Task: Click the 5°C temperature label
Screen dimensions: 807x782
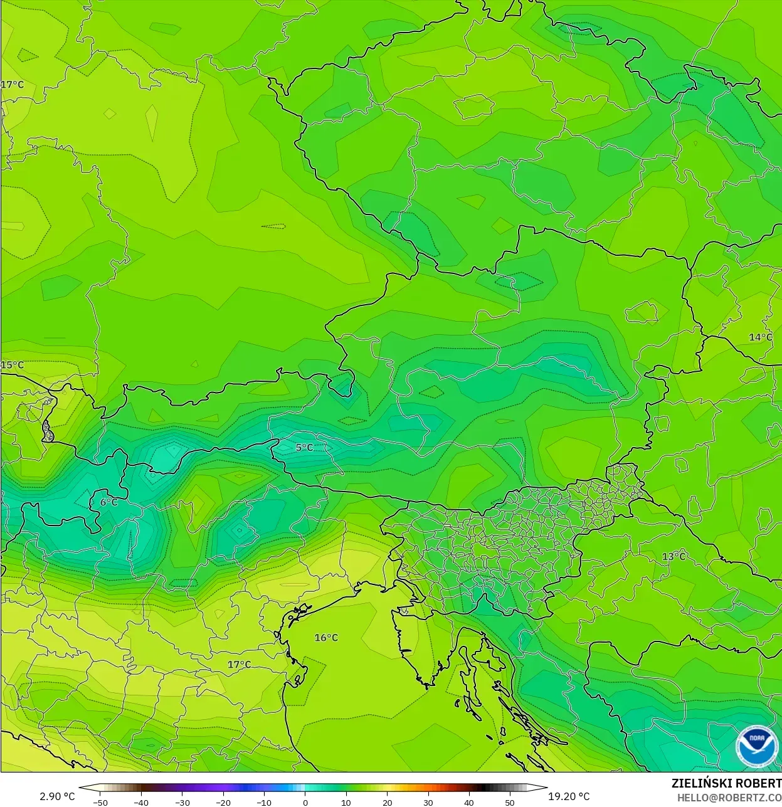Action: click(304, 448)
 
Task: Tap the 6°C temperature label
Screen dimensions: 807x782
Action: click(108, 502)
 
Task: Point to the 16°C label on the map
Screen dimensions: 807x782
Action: click(326, 638)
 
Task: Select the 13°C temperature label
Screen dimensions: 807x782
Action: click(674, 557)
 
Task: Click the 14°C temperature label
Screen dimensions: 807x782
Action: click(761, 337)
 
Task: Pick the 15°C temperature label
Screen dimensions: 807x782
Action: click(12, 365)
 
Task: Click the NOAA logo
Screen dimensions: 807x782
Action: click(756, 746)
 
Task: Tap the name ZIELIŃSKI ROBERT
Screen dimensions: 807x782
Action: click(726, 783)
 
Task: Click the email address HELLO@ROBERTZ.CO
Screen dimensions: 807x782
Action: click(729, 797)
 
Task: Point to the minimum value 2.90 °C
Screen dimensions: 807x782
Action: click(57, 796)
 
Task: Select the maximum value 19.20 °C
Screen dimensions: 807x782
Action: click(569, 796)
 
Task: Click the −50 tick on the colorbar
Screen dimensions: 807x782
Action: click(100, 802)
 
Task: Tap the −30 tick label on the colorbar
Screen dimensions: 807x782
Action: click(182, 802)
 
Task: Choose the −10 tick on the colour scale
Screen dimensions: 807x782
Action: click(264, 802)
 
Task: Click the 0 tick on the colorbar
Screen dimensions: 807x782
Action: click(305, 802)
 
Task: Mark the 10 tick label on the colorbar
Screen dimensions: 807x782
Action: click(346, 802)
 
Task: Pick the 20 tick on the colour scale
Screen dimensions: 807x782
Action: click(387, 802)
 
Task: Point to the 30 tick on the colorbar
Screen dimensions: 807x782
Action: click(428, 802)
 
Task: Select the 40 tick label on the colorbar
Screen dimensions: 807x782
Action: click(469, 802)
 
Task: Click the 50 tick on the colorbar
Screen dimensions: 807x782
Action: click(510, 802)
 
